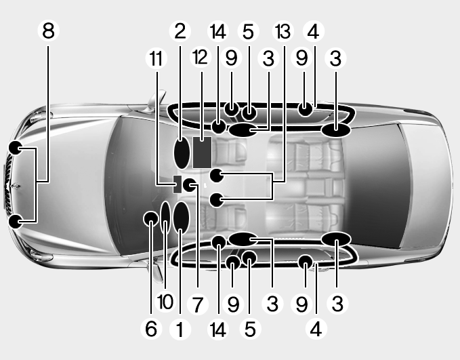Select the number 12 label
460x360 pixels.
tap(199, 58)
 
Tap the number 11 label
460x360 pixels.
tap(156, 58)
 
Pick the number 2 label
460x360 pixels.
tap(180, 31)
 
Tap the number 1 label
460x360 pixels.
tap(180, 329)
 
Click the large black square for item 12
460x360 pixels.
tap(202, 152)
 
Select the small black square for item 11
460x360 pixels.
tap(178, 184)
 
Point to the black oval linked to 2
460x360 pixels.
tap(182, 153)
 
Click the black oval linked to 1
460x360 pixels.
tap(181, 218)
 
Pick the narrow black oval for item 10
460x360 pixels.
tap(165, 216)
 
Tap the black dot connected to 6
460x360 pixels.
tap(150, 218)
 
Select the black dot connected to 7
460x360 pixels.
tap(190, 184)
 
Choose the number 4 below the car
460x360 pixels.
tap(313, 329)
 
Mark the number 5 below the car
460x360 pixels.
tap(249, 329)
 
